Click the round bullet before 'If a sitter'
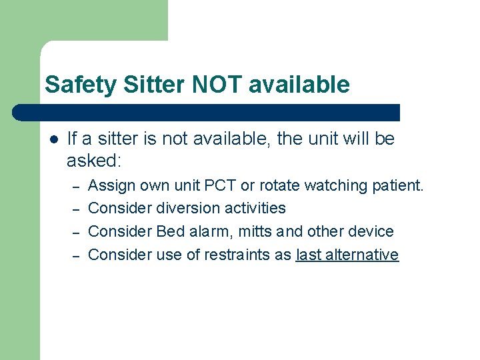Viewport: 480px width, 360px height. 54,139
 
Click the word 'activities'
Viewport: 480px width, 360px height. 254,208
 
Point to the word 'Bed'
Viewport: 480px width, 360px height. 171,231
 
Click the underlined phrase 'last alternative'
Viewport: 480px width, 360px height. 347,255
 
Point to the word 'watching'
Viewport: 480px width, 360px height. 334,185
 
